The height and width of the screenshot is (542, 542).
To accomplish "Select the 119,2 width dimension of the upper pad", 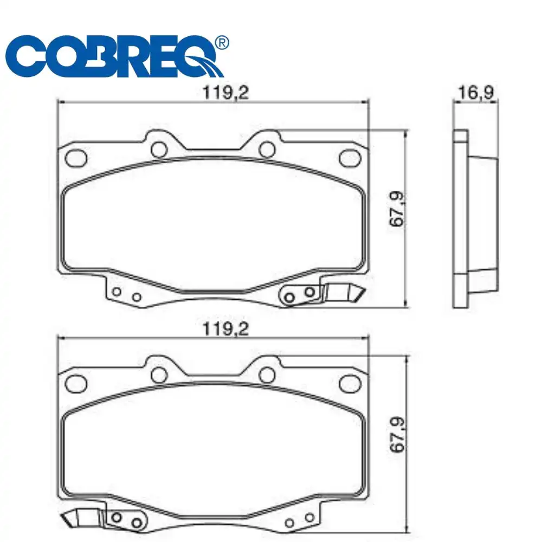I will coord(225,93).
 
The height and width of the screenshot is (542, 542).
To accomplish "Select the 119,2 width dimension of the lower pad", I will coord(225,329).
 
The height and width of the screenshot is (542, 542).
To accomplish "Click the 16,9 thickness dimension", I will coord(475,93).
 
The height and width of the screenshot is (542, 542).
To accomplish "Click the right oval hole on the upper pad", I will coord(350,158).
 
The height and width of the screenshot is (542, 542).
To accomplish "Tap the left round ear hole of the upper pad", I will coord(159,149).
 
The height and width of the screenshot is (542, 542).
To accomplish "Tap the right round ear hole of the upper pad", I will coord(266,149).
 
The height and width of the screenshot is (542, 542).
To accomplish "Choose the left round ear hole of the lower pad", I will coord(159,374).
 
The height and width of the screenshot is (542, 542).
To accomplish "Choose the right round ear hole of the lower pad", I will coord(266,374).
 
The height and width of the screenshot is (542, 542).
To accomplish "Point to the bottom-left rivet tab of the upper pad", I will coord(126,294).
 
